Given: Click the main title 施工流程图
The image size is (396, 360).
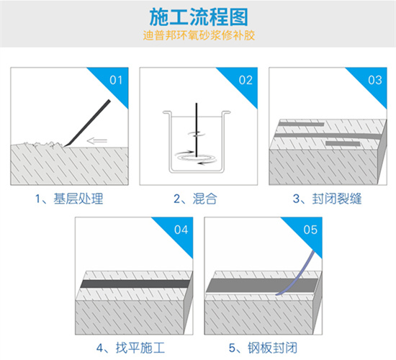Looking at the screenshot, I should coord(198,16).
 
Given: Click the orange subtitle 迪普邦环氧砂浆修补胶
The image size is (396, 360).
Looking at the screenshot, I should coord(198,34).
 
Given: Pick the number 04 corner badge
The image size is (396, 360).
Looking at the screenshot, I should coord(180,230).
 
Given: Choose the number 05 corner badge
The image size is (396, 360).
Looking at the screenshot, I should coord(310,230).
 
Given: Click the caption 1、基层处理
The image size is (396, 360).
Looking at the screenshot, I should coord(68,198).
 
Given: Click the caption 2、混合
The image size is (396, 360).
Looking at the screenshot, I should coord(198,198).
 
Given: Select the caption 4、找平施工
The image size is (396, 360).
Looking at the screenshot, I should coord(133,348).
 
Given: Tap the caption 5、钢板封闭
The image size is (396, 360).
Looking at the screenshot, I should coord(263,348).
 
